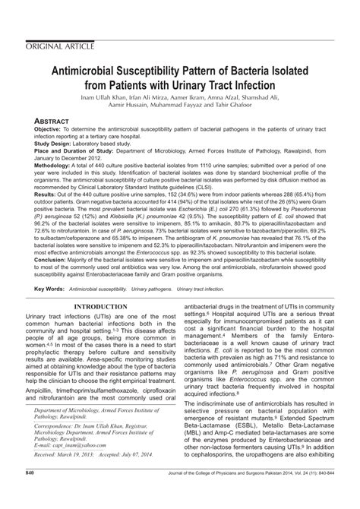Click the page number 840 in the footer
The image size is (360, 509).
31,495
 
